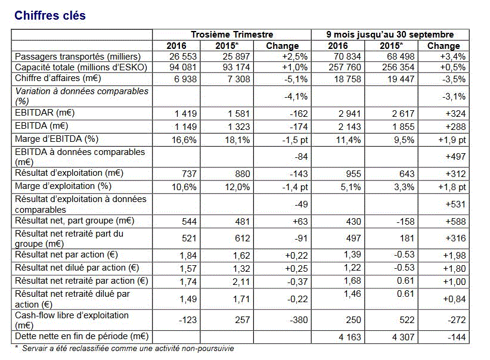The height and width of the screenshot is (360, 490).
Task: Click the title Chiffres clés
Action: coord(50,15)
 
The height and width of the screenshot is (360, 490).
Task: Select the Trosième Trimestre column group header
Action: coord(232,35)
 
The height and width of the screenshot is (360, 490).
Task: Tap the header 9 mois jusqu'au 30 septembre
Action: coord(390,35)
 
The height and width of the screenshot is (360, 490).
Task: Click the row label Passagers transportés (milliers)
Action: coord(78,57)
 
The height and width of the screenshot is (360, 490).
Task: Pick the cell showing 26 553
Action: coord(183,57)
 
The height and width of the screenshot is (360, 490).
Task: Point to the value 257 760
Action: coord(345,67)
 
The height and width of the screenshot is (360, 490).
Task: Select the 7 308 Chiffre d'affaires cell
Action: coord(239,79)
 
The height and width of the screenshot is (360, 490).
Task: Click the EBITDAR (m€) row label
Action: coord(45,113)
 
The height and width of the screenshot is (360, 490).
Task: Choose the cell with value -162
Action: coord(299,113)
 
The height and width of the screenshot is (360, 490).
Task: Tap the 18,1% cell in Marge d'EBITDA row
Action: coord(237,139)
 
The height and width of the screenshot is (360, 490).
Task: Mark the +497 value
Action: coord(455,157)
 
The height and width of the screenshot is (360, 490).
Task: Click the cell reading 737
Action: coord(189,174)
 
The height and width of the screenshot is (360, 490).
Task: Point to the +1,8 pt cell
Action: coord(452,187)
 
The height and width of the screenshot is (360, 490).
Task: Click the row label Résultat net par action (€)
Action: coord(67,255)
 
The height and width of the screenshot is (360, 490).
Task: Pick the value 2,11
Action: coord(241,282)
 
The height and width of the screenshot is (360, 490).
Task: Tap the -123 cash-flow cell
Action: coord(188,320)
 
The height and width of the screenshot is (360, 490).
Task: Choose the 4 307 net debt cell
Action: coord(404,337)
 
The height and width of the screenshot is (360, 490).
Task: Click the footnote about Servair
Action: coord(125,349)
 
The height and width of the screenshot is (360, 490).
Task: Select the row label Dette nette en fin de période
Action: coord(82,336)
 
